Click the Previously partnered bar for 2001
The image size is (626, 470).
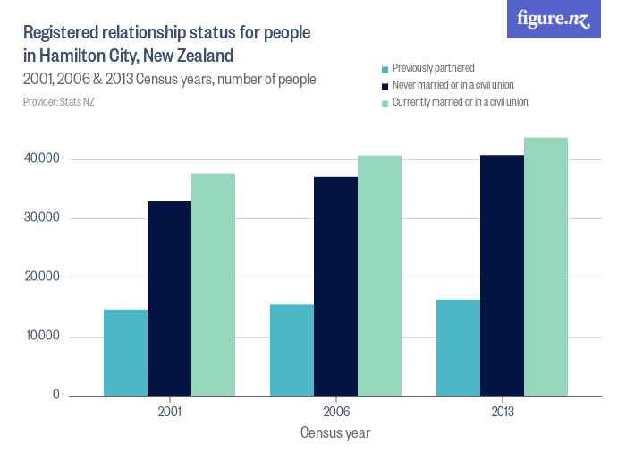pos(125,353)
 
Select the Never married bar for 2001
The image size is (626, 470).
pos(169,298)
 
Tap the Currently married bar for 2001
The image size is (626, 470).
pos(213,284)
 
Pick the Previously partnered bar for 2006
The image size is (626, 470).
pos(292,350)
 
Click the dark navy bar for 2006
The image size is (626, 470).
pos(335,286)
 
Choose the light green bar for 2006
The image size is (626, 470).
pos(379,276)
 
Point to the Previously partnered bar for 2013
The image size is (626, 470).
pos(458,347)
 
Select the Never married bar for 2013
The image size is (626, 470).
pos(502,275)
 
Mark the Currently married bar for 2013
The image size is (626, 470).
pos(546,267)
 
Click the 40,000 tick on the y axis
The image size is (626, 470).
pos(42,159)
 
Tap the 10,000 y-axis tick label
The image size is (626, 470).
pos(42,337)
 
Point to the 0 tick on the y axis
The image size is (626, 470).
pos(55,395)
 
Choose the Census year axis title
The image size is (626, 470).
pos(335,433)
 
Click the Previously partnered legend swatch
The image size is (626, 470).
pos(385,69)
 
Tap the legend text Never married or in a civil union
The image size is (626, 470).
pos(453,86)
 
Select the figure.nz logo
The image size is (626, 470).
pos(554,20)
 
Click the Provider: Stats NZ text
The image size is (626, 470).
pos(59,102)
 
